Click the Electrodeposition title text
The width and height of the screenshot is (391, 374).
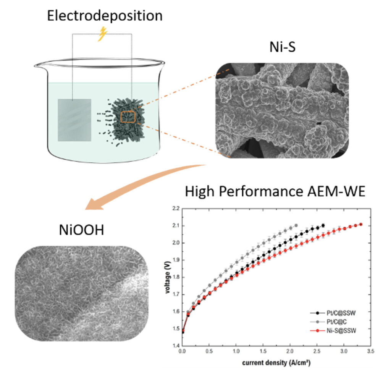point(105,16)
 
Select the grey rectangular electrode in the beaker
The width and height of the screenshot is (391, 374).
point(74,120)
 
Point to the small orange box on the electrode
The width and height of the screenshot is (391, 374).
point(128,117)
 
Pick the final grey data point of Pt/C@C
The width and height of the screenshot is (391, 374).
point(296,226)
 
